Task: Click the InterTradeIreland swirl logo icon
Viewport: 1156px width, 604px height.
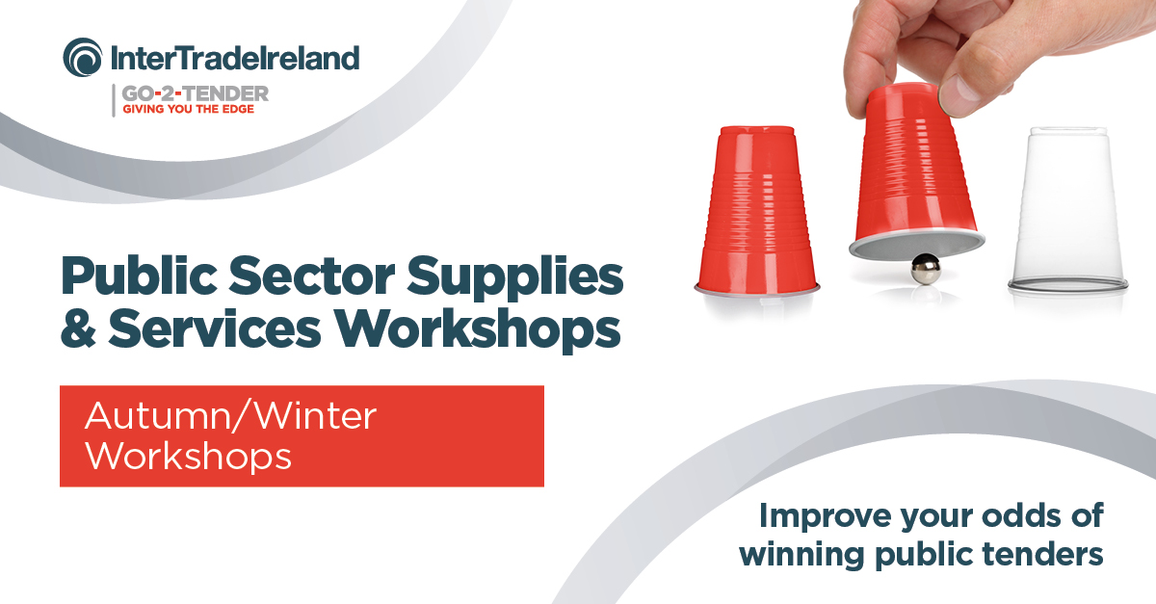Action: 83,57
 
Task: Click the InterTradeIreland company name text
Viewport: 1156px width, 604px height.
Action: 234,58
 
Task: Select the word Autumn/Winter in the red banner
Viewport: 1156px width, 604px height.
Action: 230,417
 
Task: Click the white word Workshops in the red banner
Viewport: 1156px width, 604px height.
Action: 188,456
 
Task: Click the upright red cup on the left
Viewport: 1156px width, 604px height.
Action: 756,212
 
